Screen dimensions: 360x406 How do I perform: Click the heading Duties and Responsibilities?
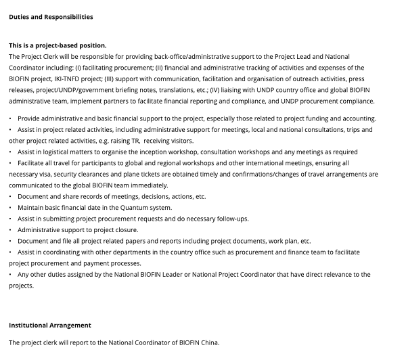click(x=51, y=17)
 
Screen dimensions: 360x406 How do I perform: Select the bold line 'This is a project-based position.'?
click(x=58, y=45)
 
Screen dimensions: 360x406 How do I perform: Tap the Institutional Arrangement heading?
click(x=50, y=325)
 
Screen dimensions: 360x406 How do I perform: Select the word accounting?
click(x=357, y=118)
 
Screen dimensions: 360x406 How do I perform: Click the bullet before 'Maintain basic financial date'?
click(x=11, y=208)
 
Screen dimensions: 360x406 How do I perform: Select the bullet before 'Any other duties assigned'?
click(x=11, y=275)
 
